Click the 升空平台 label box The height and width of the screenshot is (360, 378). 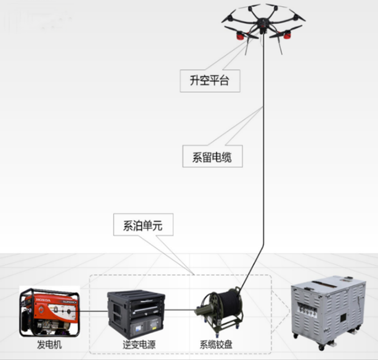[210, 81]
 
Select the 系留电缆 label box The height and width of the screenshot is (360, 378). [212, 157]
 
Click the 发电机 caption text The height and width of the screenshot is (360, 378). [49, 345]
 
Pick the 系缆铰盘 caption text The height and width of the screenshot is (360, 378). [216, 345]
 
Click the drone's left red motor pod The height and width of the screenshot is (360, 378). [241, 36]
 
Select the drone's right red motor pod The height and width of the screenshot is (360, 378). [286, 36]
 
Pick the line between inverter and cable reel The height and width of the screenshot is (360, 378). [179, 309]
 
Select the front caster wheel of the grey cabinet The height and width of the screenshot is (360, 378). [321, 346]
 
